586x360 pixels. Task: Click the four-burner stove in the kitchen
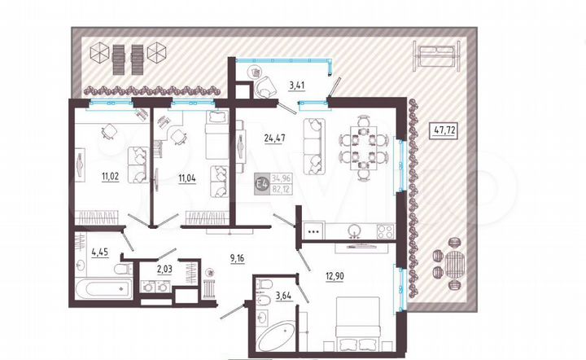click(313, 231)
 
